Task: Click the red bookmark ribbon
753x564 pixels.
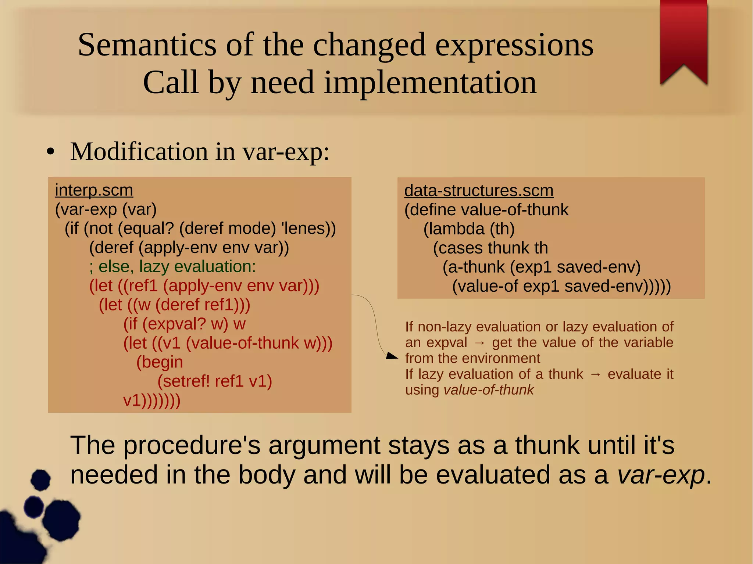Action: (x=684, y=37)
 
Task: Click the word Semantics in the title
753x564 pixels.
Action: (x=147, y=45)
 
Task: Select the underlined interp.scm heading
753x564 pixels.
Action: (x=94, y=190)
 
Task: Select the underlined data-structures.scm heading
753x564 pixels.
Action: (x=479, y=191)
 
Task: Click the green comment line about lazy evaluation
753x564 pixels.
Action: (x=172, y=266)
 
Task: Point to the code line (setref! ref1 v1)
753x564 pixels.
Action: (x=214, y=381)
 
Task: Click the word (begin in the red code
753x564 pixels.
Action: (x=160, y=362)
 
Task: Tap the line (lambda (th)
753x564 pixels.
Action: (x=469, y=229)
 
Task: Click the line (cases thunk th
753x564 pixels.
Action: (x=490, y=248)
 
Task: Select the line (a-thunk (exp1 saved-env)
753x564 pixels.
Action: (x=541, y=267)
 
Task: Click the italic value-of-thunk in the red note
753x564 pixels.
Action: (x=488, y=390)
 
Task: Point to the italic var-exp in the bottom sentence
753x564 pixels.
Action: (x=661, y=475)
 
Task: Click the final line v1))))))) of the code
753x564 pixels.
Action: (x=151, y=400)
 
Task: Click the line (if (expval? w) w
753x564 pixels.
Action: (x=184, y=324)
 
